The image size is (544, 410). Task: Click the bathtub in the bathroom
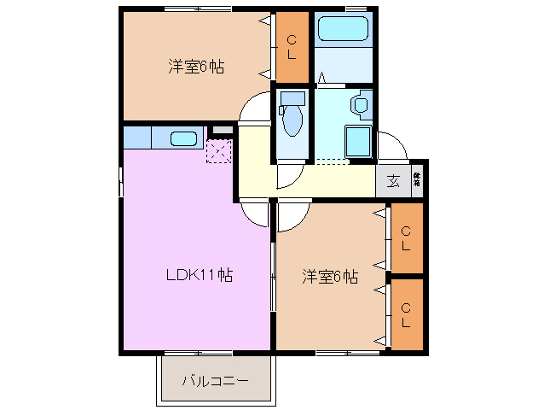[x=344, y=29]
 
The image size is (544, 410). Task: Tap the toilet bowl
[x=292, y=119]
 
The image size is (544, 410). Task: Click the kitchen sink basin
[x=182, y=138]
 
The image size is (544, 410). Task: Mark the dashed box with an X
[x=218, y=151]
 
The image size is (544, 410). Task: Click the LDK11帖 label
[x=199, y=275]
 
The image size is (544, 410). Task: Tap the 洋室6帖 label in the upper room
[x=195, y=66]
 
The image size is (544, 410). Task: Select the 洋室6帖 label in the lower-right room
[x=329, y=276]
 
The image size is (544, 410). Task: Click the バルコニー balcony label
[x=216, y=379]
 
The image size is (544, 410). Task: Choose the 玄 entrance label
[x=393, y=180]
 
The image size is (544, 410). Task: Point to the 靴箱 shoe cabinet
[x=418, y=179]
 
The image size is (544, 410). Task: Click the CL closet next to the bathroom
[x=292, y=46]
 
